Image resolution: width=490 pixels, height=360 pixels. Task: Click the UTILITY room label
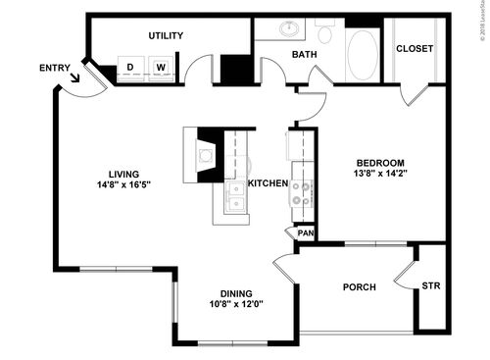[x=166, y=35]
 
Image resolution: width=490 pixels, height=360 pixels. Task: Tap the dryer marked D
[x=130, y=68]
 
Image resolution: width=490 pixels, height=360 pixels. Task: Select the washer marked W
[x=161, y=68]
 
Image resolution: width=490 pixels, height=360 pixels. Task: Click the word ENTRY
[x=54, y=68]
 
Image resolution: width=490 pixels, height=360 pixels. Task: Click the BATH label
[x=303, y=54]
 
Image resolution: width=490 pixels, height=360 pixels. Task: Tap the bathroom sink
[x=291, y=28]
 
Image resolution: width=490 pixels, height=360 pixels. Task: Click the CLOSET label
[x=415, y=49]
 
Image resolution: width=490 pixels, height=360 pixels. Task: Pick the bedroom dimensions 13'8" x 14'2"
[x=380, y=174]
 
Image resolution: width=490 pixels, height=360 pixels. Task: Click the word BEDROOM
[x=380, y=162]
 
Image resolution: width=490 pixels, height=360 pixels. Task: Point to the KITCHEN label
[x=268, y=183]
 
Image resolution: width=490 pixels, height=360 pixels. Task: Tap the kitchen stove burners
[x=301, y=193]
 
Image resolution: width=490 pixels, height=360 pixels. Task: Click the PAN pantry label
[x=305, y=233]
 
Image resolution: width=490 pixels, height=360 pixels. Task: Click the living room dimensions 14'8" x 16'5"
[x=123, y=184]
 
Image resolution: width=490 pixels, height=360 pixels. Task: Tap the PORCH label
[x=359, y=287]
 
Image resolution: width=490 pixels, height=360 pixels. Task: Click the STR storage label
[x=431, y=286]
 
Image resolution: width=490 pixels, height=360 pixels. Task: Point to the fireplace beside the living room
[x=207, y=154]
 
